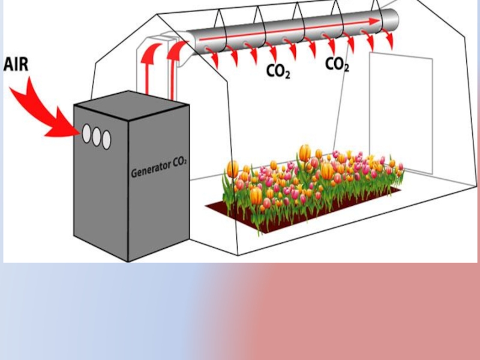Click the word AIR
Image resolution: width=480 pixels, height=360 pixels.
(16, 64)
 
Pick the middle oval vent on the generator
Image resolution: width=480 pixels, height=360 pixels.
(96, 136)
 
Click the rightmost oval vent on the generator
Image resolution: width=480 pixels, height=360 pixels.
(106, 140)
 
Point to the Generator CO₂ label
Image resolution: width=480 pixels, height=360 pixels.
(158, 172)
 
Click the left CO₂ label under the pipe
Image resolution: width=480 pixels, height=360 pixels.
(278, 72)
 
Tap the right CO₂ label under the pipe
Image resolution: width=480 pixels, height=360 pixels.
(337, 64)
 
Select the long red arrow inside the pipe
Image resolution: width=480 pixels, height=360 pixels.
(288, 30)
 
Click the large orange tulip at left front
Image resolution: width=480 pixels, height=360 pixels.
(256, 196)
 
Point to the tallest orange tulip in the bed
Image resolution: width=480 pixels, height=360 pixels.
(305, 152)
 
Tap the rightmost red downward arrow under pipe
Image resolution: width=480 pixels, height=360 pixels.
(389, 41)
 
